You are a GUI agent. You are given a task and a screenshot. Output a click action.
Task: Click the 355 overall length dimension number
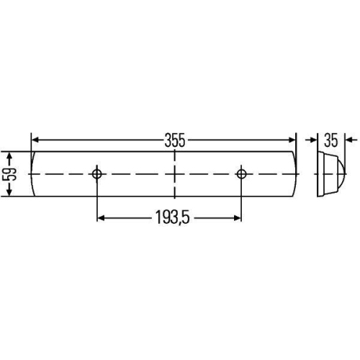pos(174,140)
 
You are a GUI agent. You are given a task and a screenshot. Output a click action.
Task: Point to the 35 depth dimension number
pos(331,140)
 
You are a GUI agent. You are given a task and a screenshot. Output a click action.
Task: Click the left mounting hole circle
pos(97,174)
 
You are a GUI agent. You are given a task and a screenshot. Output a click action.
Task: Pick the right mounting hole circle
pos(243,174)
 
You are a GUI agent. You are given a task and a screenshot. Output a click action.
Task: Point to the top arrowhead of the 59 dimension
pos(10,155)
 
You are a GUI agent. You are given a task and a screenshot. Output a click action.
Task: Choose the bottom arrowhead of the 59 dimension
pos(10,192)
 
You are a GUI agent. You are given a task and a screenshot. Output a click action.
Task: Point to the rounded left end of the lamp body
pos(33,174)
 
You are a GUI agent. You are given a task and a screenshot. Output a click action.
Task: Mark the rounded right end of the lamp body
pos(294,174)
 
